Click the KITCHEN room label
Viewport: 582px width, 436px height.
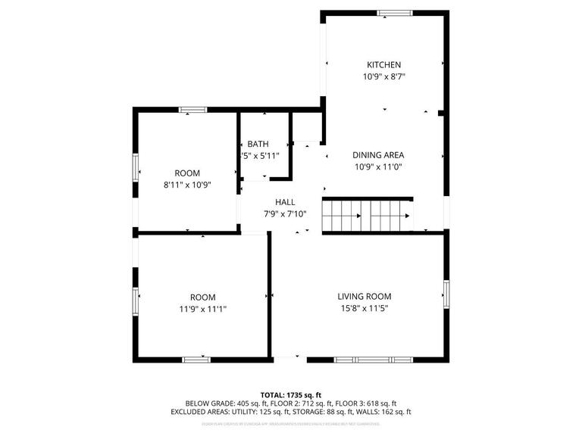[x=383, y=65]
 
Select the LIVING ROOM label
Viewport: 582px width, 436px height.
[x=364, y=296]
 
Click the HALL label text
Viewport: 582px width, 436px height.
[x=285, y=202]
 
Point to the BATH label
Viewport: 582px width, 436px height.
[x=258, y=144]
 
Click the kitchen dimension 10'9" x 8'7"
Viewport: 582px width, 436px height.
[x=383, y=76]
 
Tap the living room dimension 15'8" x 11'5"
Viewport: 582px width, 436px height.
[x=364, y=308]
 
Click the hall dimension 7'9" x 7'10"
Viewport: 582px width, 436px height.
[x=285, y=213]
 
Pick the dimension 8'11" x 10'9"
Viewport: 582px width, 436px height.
[x=187, y=185]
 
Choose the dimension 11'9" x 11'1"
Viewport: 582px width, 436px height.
[x=202, y=309]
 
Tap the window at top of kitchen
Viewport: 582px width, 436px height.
[x=394, y=12]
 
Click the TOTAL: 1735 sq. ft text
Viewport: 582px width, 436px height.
[x=291, y=394]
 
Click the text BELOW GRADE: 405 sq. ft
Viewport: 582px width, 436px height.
[x=224, y=403]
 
